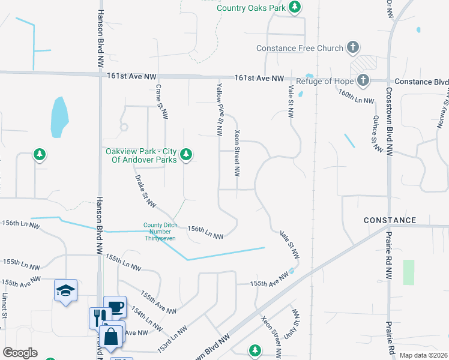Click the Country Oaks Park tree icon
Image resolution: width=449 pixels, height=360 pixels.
pos(294,8)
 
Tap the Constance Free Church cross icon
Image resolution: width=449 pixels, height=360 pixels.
pos(353,47)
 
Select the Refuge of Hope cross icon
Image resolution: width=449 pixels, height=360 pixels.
pos(363,80)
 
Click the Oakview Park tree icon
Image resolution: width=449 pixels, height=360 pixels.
pos(186,154)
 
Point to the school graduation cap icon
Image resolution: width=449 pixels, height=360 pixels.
pos(66,291)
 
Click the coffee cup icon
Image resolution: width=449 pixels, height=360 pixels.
pos(115,307)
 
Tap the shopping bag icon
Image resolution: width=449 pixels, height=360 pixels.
pos(112,337)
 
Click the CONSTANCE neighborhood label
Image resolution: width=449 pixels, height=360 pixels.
pos(390,220)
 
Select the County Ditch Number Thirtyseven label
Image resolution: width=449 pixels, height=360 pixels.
pos(160,231)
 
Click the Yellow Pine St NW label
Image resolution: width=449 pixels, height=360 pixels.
pos(220,109)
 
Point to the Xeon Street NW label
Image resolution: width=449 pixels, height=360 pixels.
pos(237,153)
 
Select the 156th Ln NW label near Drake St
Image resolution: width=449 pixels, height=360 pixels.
pos(205,232)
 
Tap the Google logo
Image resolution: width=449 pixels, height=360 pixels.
pos(20,352)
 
